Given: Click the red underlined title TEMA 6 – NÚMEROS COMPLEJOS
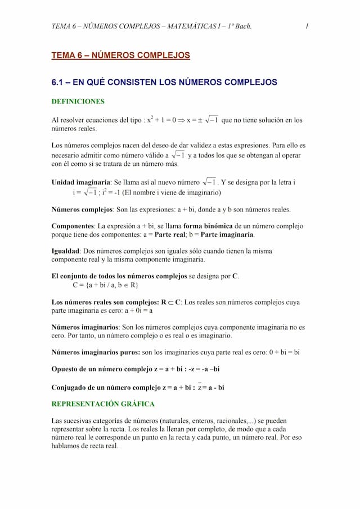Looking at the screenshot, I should tap(120, 56).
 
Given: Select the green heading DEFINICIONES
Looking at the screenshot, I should tap(78, 102).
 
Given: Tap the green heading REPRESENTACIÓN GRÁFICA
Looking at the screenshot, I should tap(103, 404).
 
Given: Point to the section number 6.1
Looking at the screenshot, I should tap(58, 82).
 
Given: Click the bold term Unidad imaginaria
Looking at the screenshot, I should tap(80, 182).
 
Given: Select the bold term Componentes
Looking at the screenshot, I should tap(73, 226).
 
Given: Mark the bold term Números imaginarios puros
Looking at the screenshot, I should tap(96, 353).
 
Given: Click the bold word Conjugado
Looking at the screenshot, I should tap(70, 388).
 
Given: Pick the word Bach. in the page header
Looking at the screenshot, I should tap(243, 26).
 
